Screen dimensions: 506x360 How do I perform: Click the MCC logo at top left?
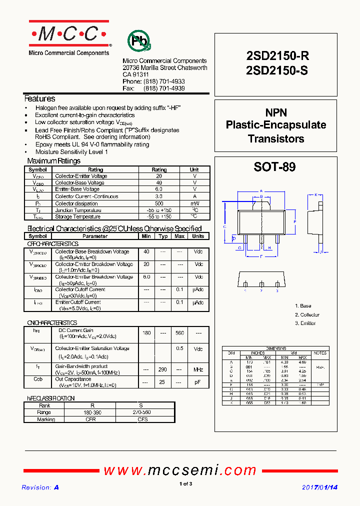pyautogui.click(x=69, y=34)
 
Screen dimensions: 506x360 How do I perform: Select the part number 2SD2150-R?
pyautogui.click(x=277, y=57)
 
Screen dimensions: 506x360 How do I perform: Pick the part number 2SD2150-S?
pyautogui.click(x=277, y=71)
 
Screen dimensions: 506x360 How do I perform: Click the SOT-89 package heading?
pyautogui.click(x=274, y=167)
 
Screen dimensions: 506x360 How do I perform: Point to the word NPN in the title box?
pyautogui.click(x=276, y=113)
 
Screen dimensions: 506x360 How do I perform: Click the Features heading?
pyautogui.click(x=40, y=99)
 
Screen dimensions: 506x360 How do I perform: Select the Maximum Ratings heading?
pyautogui.click(x=53, y=161)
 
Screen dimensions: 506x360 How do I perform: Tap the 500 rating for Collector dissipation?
pyautogui.click(x=159, y=203)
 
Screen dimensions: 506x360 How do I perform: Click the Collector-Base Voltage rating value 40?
pyautogui.click(x=159, y=183)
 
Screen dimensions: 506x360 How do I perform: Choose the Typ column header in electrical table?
pyautogui.click(x=163, y=236)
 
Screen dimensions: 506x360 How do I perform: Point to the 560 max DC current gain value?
pyautogui.click(x=179, y=333)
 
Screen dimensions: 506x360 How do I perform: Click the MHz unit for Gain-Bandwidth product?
pyautogui.click(x=198, y=370)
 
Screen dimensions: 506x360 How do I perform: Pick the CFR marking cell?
pyautogui.click(x=90, y=419)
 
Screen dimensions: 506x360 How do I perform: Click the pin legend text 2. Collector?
pyautogui.click(x=307, y=315)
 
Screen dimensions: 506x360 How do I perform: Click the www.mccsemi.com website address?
pyautogui.click(x=180, y=470)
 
